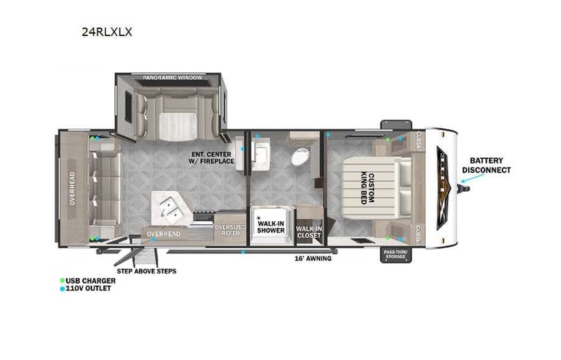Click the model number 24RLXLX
(x=107, y=33)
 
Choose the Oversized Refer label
(x=229, y=230)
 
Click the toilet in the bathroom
(x=299, y=158)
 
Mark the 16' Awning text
(x=313, y=259)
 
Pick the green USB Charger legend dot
(x=62, y=281)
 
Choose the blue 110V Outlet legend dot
(x=62, y=289)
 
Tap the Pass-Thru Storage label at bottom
(x=395, y=254)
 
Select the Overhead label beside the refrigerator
(x=163, y=233)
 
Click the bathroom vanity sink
(x=259, y=158)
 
